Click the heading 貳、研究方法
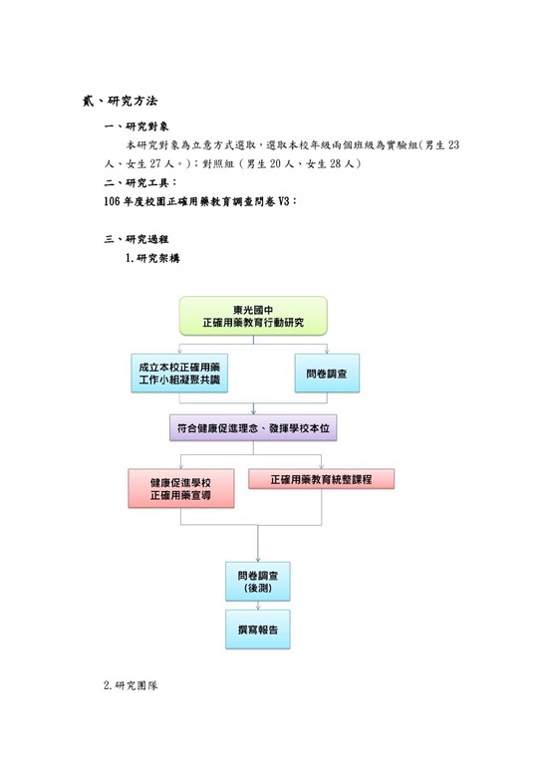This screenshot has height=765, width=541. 120,101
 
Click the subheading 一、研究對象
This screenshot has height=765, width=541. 136,127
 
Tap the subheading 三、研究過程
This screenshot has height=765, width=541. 136,239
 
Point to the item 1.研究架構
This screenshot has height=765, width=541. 152,258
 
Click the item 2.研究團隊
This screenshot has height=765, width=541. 131,685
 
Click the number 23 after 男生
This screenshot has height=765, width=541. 453,144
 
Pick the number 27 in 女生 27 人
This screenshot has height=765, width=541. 155,164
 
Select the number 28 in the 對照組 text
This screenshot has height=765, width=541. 335,164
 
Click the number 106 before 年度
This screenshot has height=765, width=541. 113,201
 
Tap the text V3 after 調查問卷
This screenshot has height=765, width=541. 283,201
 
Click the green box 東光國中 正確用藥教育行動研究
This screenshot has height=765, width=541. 253,316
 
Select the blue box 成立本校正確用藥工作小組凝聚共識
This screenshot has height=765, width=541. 179,374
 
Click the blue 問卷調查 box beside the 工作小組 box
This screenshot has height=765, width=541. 327,374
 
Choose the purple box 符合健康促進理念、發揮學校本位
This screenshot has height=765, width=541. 253,428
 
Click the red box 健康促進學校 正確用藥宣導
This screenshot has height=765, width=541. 181,488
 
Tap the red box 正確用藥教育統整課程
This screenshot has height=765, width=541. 322,479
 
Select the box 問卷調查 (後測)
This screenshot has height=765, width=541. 258,582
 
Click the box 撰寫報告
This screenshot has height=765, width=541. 258,630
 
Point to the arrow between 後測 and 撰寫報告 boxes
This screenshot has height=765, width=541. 258,606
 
